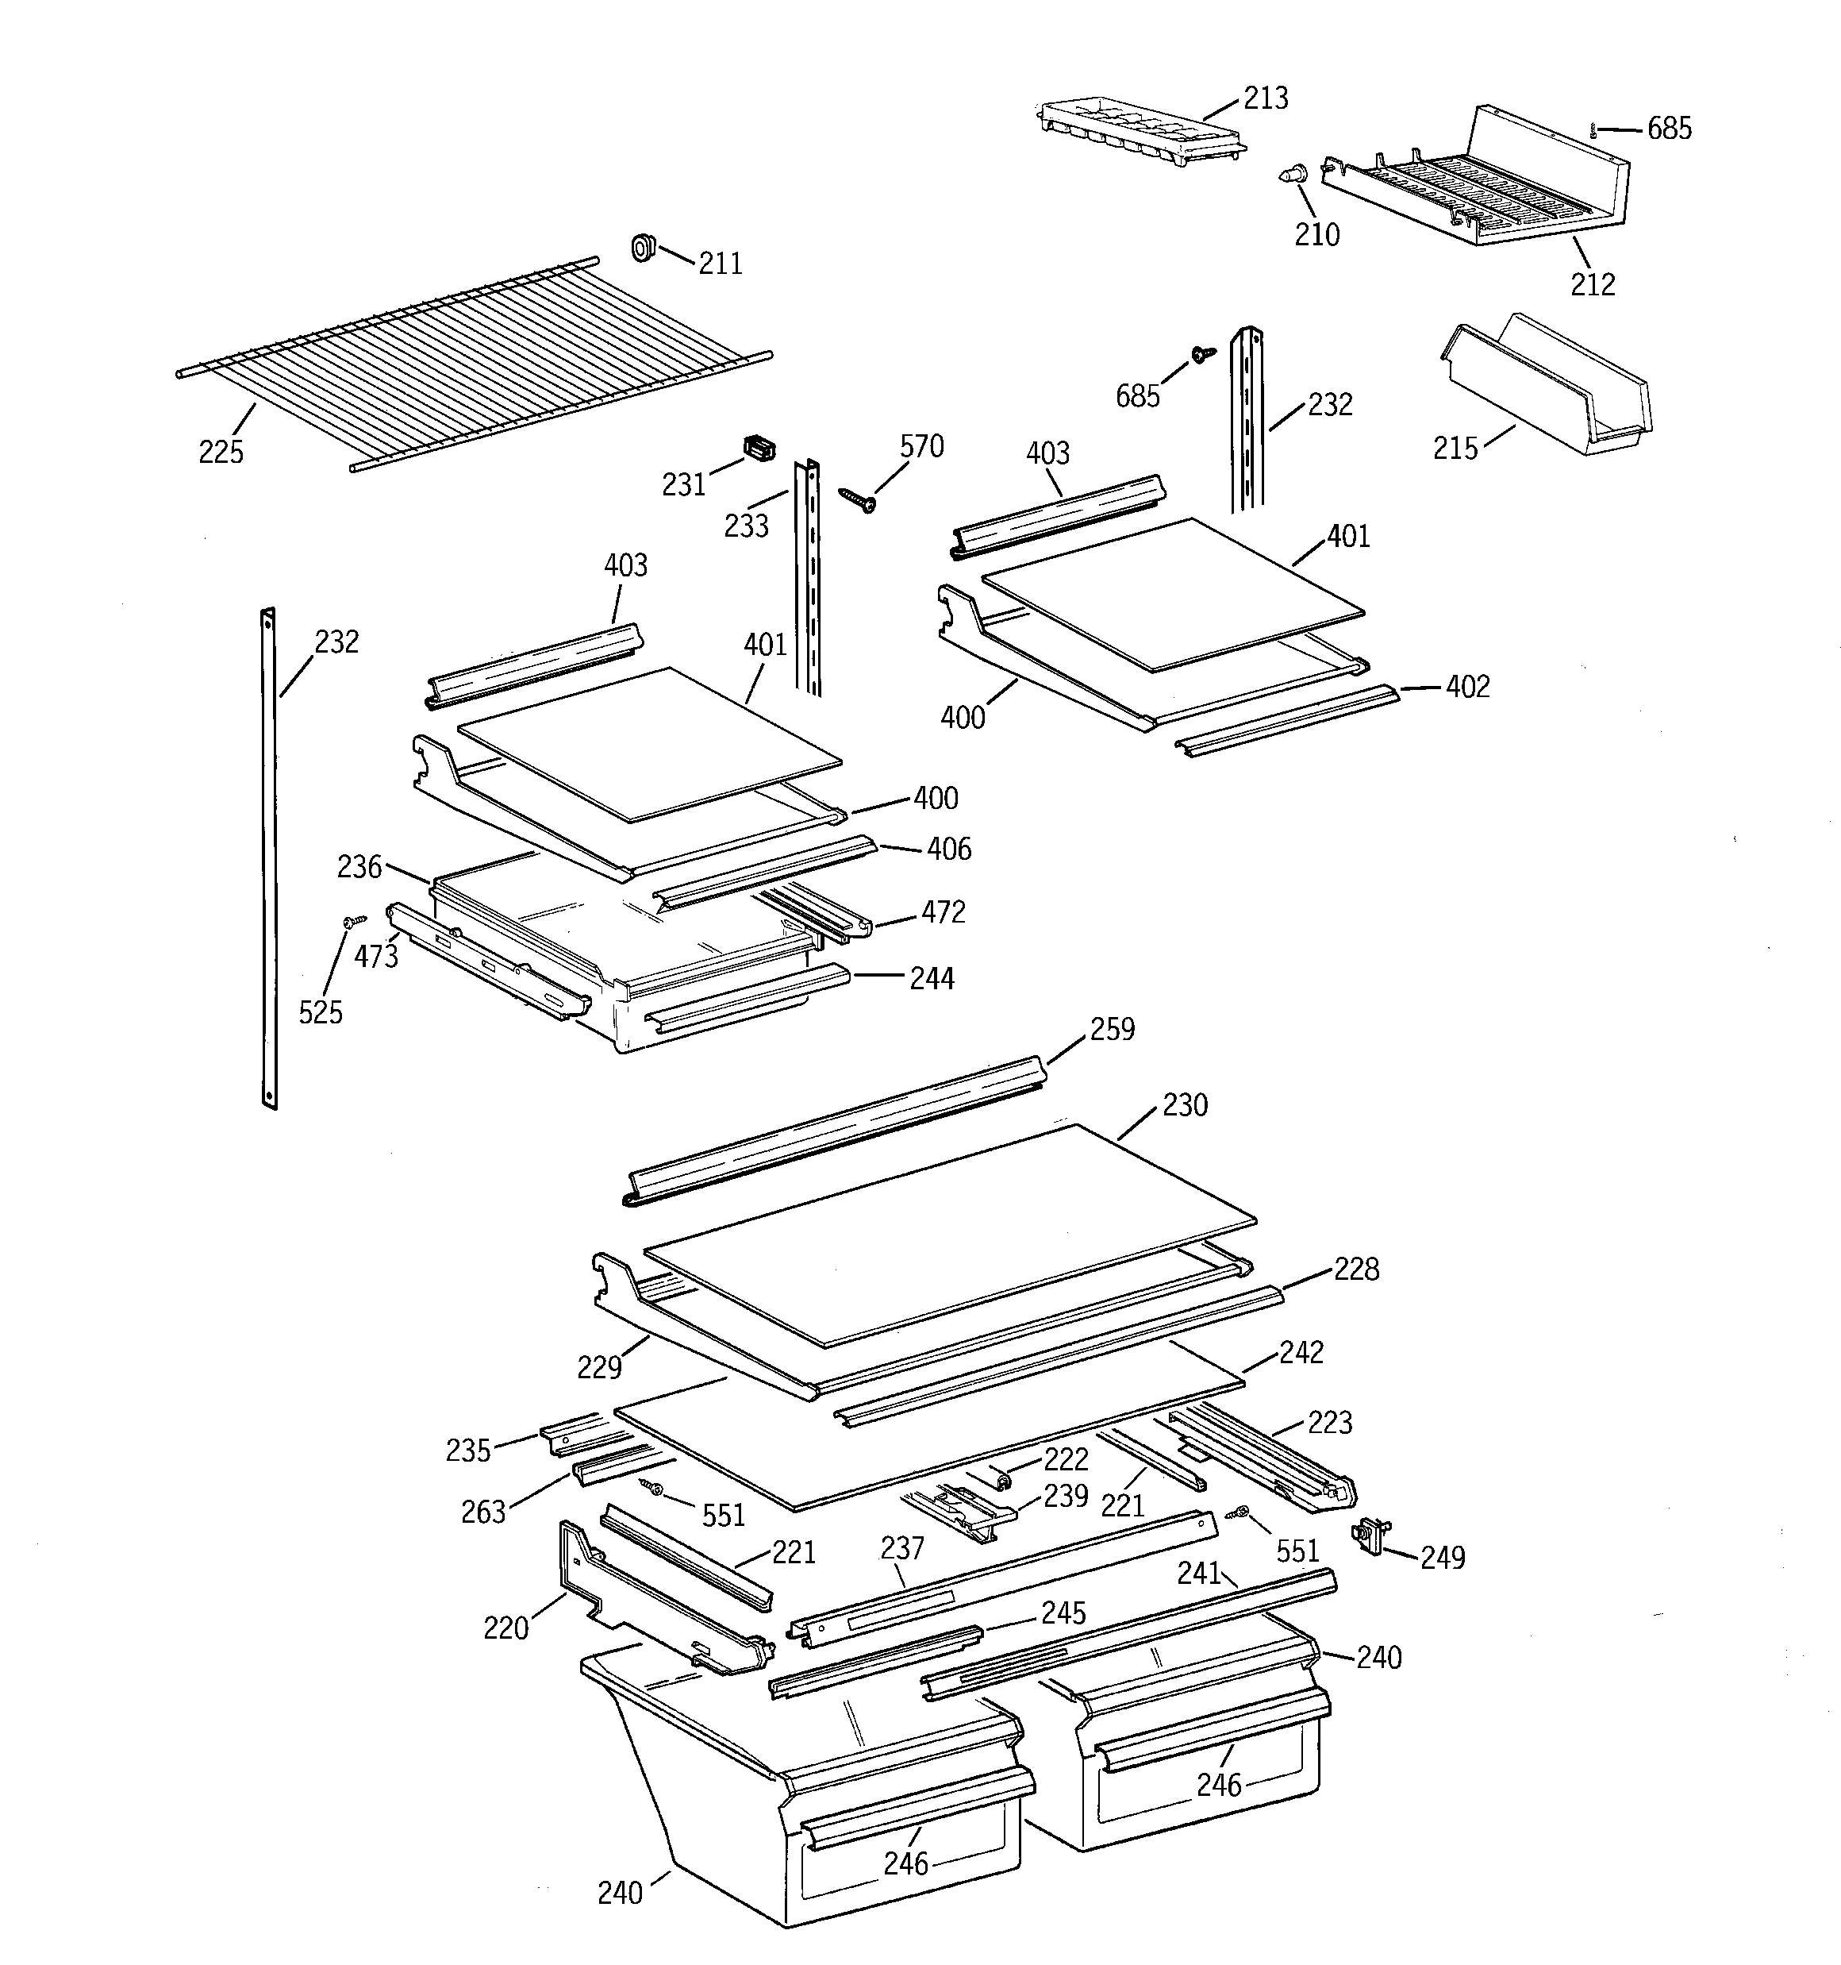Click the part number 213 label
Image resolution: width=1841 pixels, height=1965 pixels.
pyautogui.click(x=1265, y=98)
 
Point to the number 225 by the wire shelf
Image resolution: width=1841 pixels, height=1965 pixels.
pyautogui.click(x=221, y=452)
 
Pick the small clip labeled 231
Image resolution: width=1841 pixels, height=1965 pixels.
pyautogui.click(x=758, y=449)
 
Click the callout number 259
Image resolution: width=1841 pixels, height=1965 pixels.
pyautogui.click(x=1112, y=1029)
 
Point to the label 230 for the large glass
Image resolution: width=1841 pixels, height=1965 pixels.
pyautogui.click(x=1184, y=1104)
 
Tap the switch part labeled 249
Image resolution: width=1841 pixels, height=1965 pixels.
pyautogui.click(x=1370, y=1535)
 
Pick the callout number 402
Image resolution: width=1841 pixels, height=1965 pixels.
pyautogui.click(x=1466, y=686)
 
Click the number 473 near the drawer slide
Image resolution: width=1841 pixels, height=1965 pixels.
pyautogui.click(x=375, y=956)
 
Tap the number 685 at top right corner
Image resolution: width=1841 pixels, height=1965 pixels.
pyautogui.click(x=1668, y=129)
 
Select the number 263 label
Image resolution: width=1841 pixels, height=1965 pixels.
pyautogui.click(x=483, y=1512)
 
